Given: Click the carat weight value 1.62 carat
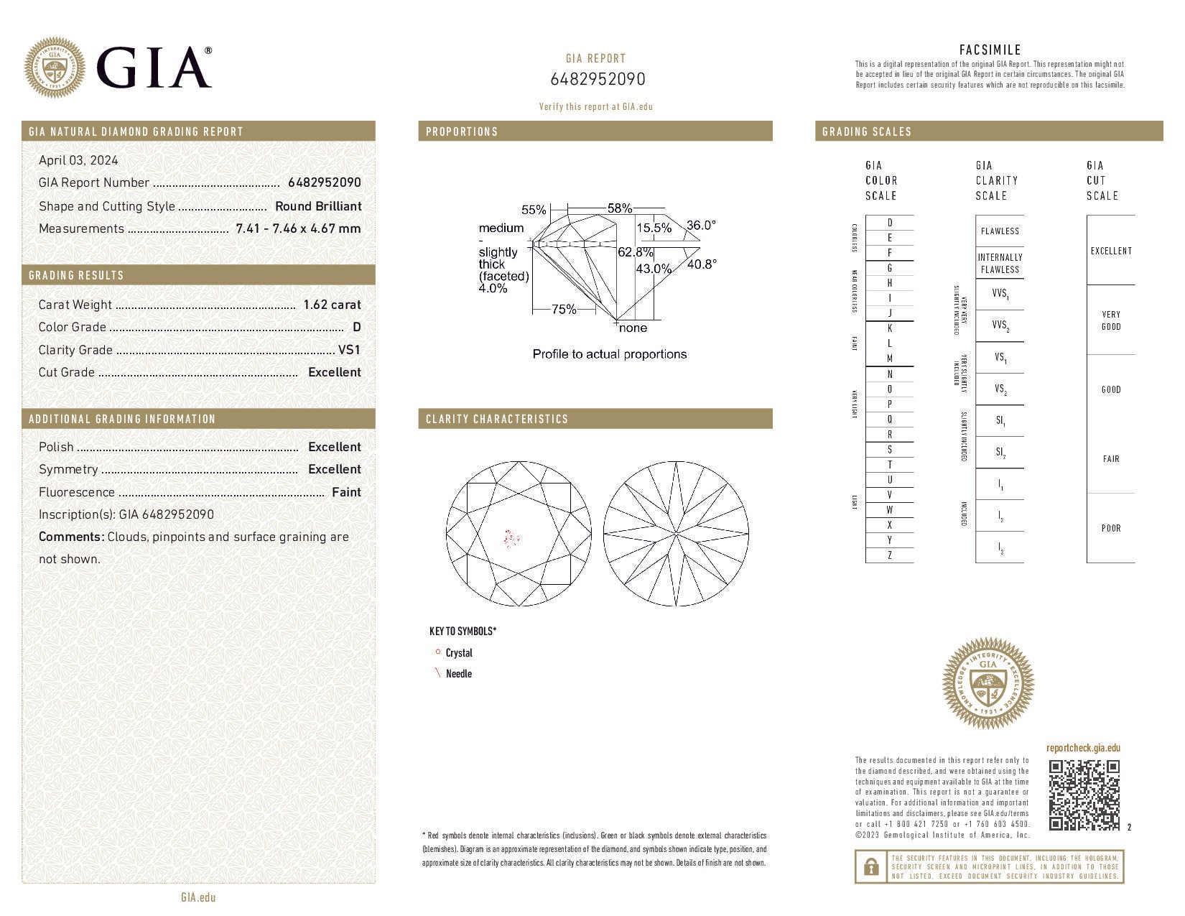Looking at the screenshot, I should point(332,305).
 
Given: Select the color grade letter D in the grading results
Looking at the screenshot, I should point(357,328).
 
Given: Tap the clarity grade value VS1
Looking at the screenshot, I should point(349,350).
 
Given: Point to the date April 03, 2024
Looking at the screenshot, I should point(78,160).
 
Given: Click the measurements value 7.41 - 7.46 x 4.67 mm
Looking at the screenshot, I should point(298,228).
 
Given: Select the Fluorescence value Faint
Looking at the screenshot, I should point(346,492).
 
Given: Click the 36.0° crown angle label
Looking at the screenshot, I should point(701,226).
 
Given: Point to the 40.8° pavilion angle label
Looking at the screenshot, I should point(702,264).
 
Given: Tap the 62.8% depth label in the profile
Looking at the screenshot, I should point(635,253).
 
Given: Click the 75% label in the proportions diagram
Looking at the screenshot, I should point(564,310).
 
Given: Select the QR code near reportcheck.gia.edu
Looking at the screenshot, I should point(1084,795).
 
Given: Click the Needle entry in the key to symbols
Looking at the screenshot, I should point(458,674).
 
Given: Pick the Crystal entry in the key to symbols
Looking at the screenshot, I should point(458,653).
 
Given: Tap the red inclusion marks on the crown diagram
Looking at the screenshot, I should point(512,537).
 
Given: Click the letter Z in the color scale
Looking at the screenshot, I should point(890,555).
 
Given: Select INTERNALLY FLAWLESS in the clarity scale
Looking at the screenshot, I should point(1000,264).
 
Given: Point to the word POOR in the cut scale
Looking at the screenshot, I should point(1111,528).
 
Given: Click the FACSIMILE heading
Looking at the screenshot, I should point(990,50).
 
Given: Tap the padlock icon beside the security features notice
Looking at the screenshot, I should point(870,867).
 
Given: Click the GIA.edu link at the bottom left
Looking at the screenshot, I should point(198,897).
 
